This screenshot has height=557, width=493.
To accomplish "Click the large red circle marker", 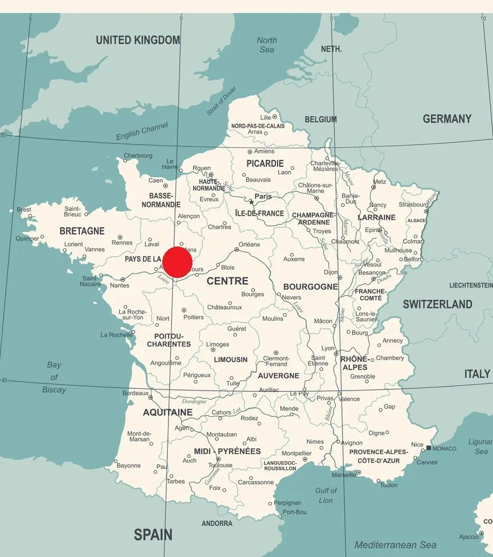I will click(177, 262).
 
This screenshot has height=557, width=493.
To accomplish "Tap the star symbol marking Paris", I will click(251, 202).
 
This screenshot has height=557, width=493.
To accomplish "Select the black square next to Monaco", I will click(429, 448).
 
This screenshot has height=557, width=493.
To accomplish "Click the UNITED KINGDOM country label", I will click(138, 40).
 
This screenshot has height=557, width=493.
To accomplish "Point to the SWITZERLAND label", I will click(438, 304).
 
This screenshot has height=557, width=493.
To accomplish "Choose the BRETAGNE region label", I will click(82, 231).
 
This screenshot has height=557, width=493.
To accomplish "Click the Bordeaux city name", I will click(135, 393).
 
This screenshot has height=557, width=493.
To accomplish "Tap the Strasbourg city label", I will click(413, 205).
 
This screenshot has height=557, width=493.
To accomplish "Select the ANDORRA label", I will click(217, 523).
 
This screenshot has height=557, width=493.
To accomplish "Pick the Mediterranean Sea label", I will click(395, 545).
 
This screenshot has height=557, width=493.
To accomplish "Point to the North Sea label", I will click(267, 45).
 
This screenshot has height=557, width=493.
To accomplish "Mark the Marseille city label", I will click(343, 475).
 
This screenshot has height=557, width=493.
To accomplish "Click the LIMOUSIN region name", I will click(231, 359).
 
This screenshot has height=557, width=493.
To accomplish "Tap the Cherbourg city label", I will click(138, 155).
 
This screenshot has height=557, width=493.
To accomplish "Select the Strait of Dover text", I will click(222, 101).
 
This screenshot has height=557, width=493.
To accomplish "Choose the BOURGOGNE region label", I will click(311, 286).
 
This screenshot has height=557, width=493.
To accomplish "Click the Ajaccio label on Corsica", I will click(469, 536).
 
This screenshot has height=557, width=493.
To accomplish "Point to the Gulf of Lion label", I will click(326, 495).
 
